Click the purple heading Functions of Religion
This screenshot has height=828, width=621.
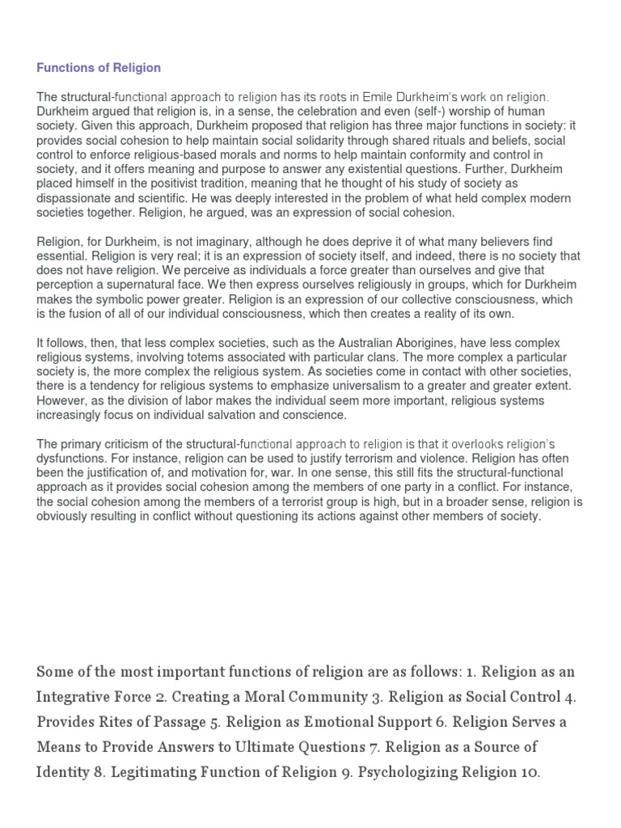coord(99,68)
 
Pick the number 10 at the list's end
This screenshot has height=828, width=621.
coord(526,772)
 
